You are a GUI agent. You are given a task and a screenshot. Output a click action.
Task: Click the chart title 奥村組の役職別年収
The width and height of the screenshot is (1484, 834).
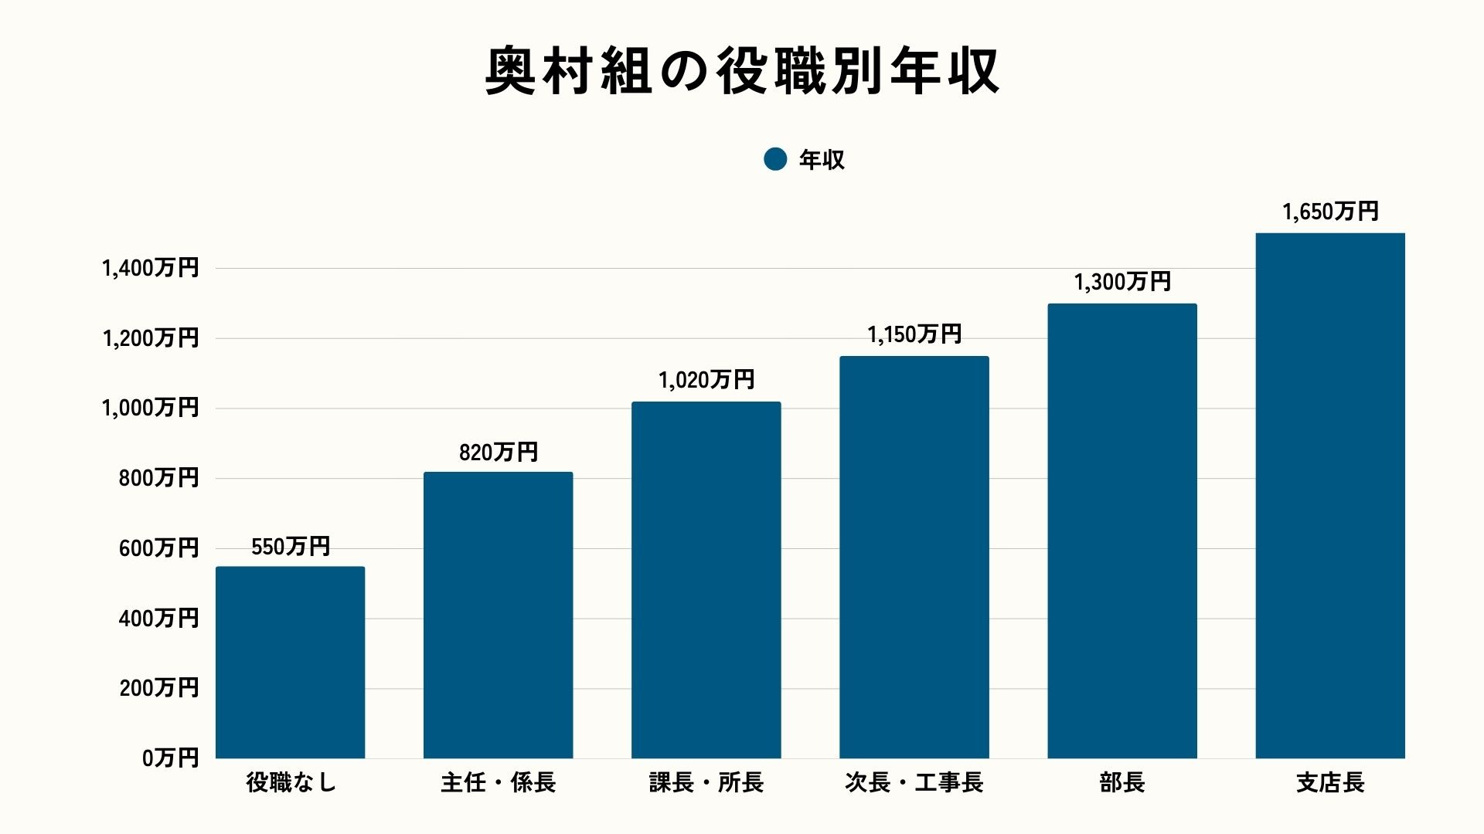[742, 71]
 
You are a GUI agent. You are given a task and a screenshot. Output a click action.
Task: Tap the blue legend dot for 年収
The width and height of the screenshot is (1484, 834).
[774, 159]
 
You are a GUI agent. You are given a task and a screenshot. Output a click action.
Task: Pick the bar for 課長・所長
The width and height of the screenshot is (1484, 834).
[706, 580]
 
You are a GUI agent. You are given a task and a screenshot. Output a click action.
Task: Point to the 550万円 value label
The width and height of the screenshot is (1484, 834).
[290, 547]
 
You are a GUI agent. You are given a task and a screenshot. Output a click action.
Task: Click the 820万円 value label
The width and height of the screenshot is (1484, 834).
[498, 453]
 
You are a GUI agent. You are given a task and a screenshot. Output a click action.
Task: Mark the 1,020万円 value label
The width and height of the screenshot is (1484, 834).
[706, 380]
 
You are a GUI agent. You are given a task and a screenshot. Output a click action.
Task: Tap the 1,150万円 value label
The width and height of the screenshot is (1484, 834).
[914, 334]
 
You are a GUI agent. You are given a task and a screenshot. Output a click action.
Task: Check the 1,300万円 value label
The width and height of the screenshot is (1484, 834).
[1122, 282]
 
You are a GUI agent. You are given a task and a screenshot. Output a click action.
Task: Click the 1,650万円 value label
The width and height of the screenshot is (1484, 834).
[1329, 212]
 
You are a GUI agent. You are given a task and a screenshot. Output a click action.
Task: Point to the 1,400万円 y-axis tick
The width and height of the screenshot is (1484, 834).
[150, 268]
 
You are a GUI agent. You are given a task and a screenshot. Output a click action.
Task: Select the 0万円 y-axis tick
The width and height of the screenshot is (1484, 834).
[170, 758]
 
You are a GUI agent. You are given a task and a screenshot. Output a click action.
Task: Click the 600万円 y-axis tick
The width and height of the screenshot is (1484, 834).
[158, 548]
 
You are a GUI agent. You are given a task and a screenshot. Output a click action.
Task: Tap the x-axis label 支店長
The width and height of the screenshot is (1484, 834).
[1329, 782]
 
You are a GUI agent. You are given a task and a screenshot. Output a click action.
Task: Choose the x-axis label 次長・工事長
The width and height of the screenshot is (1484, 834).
[914, 782]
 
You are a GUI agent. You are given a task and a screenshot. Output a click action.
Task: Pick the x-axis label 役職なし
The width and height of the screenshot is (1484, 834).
[290, 782]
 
